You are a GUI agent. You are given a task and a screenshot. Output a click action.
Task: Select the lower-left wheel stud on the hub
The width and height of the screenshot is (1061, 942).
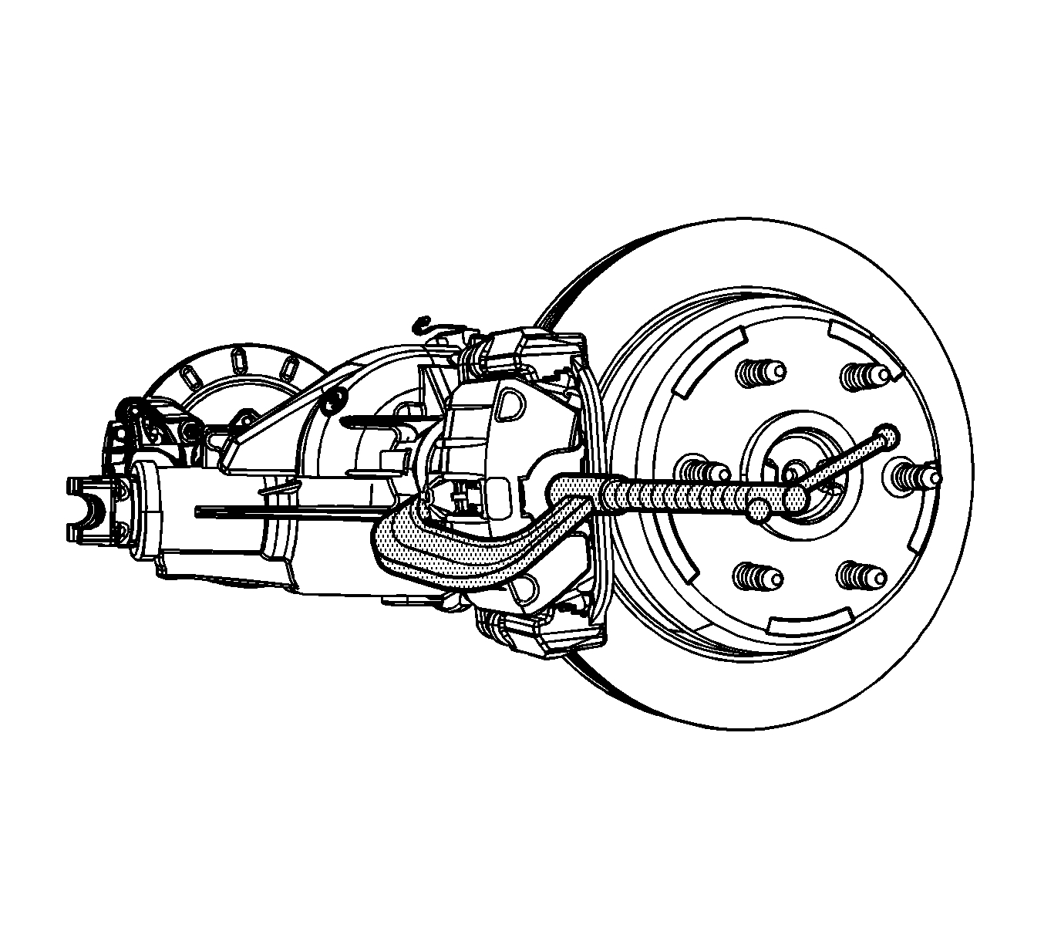(756, 576)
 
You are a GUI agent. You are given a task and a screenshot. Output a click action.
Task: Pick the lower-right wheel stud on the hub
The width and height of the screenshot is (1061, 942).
(861, 574)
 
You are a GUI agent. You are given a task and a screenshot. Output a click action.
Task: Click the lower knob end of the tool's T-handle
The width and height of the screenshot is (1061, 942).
(760, 508)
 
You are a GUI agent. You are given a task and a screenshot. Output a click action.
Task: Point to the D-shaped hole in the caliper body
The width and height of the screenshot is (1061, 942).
(510, 404)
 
